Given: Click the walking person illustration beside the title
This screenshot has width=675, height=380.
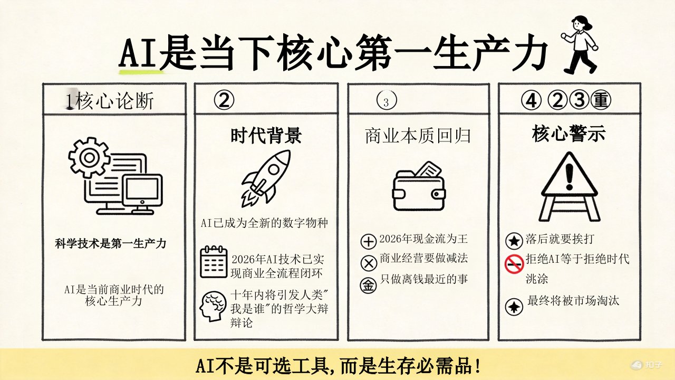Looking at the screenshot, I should coord(580,44).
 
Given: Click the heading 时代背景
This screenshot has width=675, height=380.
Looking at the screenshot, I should coord(266,136).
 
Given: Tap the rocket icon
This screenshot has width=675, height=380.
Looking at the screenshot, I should coord(266,177).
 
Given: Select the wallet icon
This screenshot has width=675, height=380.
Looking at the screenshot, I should coord(419,185).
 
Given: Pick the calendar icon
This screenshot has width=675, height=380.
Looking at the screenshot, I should coord(214,262).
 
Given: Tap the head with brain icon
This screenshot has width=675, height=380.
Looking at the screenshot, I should coord(213,307).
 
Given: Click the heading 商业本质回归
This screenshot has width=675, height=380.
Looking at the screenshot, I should coord(418,136).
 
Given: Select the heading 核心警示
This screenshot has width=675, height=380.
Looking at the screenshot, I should coord(568,134).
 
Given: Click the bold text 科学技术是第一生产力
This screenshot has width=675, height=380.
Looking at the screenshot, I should coord(111,243).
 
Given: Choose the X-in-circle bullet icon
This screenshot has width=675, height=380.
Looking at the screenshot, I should coord(368,263).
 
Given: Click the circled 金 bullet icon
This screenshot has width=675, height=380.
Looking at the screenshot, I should coord(368,284).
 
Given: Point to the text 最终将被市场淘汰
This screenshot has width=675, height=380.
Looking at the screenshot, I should coord(573,301).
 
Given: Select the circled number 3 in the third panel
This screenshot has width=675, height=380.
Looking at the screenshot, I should coord(387,101).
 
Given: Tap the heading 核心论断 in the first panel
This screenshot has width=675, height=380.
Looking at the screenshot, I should coord(114,101).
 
